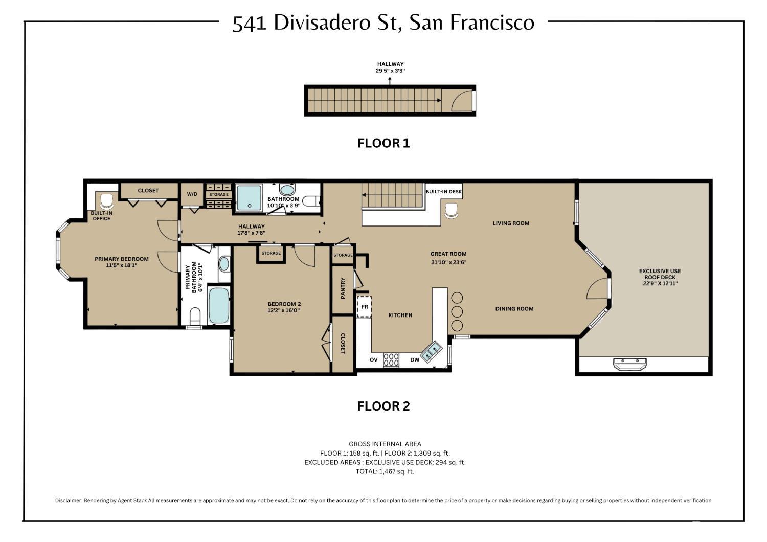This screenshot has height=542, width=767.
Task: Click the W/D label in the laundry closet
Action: [x=192, y=194]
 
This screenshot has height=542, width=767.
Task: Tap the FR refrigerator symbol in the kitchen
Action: [x=365, y=307]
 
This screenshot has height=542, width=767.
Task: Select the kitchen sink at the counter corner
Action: [x=432, y=351]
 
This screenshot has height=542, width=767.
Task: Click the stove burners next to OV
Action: [x=391, y=360]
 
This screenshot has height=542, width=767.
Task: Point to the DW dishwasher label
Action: [x=415, y=360]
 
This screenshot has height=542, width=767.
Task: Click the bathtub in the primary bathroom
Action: [x=219, y=305]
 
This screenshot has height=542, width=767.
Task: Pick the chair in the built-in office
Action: [x=106, y=200]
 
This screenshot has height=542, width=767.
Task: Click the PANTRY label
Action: [x=343, y=288]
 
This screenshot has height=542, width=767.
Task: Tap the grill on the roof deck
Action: [x=630, y=364]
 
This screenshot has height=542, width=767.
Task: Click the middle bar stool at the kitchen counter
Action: [x=457, y=311]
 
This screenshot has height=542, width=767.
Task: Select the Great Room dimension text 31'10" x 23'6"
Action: [x=448, y=262]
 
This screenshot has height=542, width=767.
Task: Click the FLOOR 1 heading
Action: [x=383, y=143]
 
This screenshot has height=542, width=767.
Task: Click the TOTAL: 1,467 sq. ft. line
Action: [x=385, y=471]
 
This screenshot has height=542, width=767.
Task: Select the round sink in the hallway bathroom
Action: [x=287, y=190]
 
